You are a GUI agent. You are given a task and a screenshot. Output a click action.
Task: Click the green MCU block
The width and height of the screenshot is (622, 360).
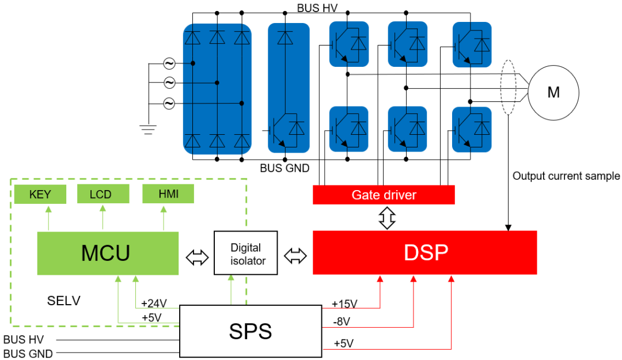tap(108, 253)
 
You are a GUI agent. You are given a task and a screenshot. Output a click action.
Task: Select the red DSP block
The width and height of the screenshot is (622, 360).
tap(424, 253)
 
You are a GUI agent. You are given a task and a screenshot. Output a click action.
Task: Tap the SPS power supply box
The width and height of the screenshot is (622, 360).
tap(251, 332)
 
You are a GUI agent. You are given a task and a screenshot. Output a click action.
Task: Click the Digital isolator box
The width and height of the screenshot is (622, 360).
tap(245, 254)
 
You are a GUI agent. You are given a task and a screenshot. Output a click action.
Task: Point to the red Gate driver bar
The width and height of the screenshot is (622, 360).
tap(384, 195)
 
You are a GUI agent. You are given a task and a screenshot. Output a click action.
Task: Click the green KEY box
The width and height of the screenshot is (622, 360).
tap(40, 195)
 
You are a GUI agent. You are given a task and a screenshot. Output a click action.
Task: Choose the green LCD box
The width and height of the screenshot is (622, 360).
tap(102, 195)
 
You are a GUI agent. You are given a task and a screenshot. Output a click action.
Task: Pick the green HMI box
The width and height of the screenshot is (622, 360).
tap(168, 195)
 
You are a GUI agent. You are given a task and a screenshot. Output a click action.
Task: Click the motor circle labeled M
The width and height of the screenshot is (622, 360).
tap(553, 93)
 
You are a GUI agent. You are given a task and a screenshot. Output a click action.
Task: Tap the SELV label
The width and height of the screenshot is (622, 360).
tap(63, 301)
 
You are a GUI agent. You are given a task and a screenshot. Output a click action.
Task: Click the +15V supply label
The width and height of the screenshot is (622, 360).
tap(344, 304)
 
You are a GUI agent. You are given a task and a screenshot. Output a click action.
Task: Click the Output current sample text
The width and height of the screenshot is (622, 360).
tap(566, 176)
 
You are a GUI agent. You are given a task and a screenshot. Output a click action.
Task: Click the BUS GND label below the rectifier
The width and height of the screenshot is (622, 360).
tap(285, 169)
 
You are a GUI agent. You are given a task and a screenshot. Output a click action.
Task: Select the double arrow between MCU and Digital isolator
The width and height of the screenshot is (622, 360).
tap(197, 257)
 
